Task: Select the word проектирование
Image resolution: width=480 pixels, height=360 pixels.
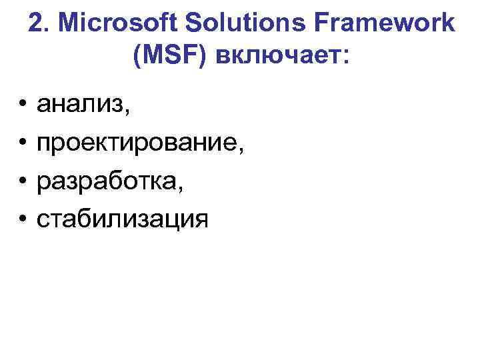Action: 137,142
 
